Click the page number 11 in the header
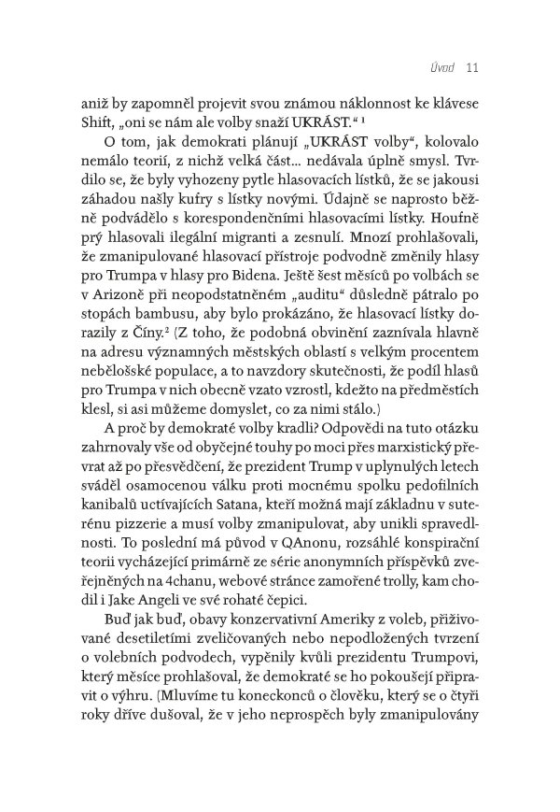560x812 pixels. [x=470, y=66]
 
